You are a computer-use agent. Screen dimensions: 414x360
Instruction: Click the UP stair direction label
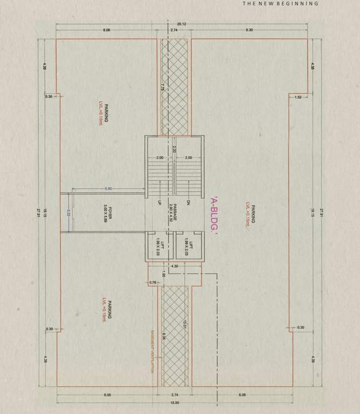pos(160,203)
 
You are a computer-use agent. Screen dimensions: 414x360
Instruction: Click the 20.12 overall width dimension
pos(181,25)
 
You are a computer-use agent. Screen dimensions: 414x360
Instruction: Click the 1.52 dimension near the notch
pos(298,97)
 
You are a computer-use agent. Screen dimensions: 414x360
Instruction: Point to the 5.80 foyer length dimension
pos(108,188)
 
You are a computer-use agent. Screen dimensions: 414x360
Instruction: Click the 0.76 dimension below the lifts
pos(153,282)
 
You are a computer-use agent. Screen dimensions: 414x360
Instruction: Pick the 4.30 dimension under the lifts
pos(174,266)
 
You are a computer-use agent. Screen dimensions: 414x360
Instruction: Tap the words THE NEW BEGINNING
pos(280,3)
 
